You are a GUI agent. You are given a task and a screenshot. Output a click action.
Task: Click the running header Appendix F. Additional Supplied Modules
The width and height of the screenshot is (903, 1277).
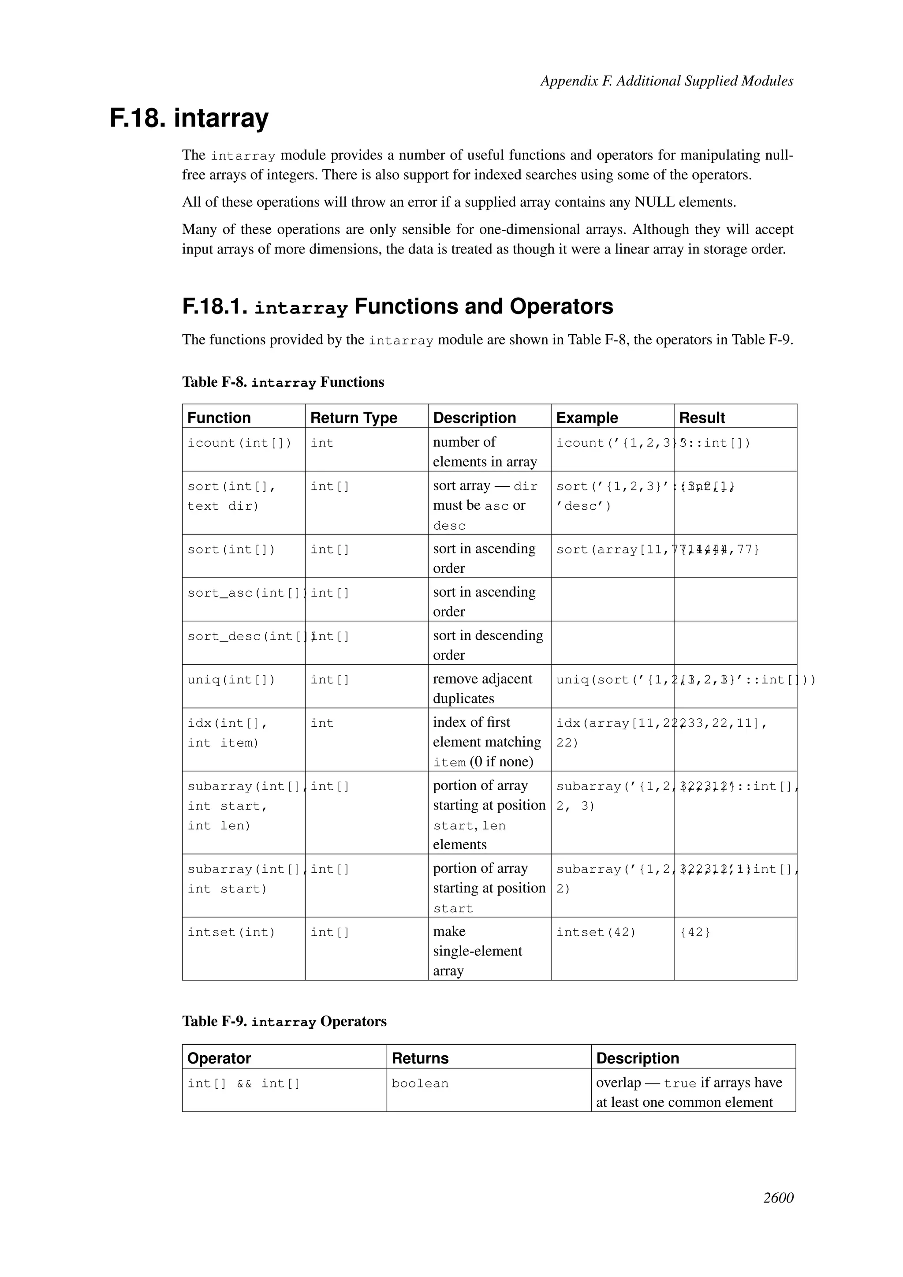click(666, 81)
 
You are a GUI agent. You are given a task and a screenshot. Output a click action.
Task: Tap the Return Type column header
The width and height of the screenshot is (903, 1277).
click(354, 417)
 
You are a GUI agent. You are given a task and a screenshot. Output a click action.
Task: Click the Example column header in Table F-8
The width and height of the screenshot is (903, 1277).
click(586, 417)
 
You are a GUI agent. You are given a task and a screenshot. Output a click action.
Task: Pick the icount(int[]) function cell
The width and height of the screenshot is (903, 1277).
click(239, 443)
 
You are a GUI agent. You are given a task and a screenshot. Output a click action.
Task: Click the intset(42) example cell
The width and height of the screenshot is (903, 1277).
click(596, 932)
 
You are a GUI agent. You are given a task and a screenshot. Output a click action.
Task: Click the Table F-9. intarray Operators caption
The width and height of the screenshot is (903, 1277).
click(284, 1021)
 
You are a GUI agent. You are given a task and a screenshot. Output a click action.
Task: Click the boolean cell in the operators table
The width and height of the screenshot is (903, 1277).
click(420, 1083)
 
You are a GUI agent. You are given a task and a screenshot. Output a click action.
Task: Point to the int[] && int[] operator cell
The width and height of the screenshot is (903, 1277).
click(243, 1083)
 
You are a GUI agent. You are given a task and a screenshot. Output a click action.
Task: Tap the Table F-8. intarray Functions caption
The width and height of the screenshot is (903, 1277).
click(283, 382)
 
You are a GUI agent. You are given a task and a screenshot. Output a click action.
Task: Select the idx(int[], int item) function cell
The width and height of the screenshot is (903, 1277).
click(228, 732)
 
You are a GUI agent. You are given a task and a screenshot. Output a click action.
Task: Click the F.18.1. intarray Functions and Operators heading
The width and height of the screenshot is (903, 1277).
click(398, 306)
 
